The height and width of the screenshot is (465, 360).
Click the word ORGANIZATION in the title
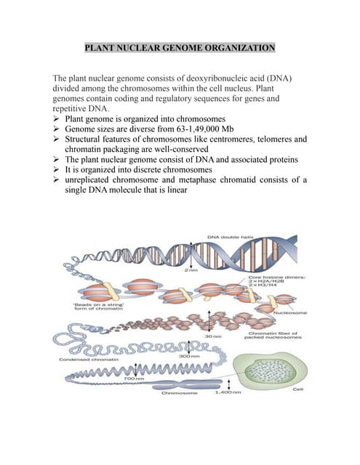pyautogui.click(x=237, y=49)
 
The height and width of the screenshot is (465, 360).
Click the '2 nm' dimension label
pyautogui.click(x=191, y=271)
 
